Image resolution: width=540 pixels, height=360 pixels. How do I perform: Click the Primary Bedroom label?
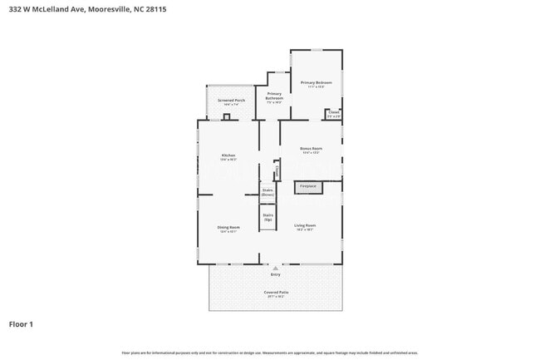point(316,83)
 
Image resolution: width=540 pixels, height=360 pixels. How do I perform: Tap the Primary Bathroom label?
point(274,96)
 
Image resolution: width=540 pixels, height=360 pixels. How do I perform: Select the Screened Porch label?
point(231,101)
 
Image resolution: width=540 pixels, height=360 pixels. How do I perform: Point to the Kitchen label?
point(228,156)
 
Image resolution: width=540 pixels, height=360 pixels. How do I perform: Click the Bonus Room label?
point(311,150)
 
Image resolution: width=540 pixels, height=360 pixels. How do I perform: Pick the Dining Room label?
point(228,229)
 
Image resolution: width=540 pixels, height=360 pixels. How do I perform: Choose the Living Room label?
point(304,226)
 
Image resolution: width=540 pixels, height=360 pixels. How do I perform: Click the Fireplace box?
point(308,186)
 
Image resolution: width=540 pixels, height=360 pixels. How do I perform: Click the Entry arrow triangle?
point(274,268)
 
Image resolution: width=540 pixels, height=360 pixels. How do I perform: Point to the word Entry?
point(275,274)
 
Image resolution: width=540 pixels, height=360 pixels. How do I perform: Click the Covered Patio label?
point(276,293)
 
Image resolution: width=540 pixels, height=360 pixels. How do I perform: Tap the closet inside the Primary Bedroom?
point(333,114)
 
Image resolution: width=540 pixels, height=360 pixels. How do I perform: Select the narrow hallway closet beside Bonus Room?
point(277,170)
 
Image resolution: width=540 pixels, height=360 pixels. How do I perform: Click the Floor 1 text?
point(21,323)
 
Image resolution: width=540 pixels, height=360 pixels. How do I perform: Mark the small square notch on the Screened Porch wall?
point(226,117)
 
